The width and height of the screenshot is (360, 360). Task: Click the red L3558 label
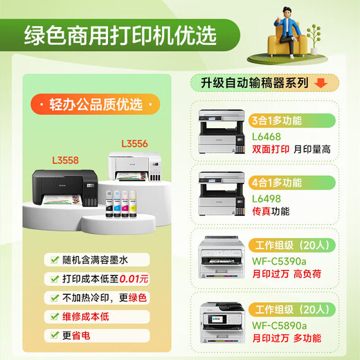[x=64, y=159]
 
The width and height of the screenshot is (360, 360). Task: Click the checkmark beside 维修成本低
[x=53, y=316]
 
